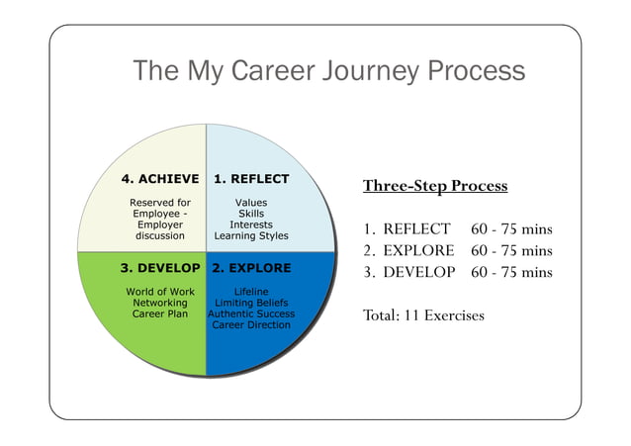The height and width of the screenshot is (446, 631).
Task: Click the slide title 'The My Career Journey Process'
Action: point(328,72)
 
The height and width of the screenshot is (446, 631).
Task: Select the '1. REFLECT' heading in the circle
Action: point(251,179)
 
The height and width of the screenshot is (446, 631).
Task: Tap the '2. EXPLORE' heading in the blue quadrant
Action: point(251,268)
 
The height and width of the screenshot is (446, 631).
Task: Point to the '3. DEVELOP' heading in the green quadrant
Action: point(160,268)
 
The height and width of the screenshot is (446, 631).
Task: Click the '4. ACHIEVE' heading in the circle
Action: point(160,179)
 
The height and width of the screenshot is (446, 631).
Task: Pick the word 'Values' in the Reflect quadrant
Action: point(251,203)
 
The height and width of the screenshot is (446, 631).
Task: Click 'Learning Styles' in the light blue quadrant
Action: point(251,236)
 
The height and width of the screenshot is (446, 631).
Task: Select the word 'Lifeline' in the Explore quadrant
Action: point(251,292)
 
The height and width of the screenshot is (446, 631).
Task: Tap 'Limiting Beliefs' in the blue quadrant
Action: point(251,303)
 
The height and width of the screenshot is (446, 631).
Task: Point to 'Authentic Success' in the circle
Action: point(251,313)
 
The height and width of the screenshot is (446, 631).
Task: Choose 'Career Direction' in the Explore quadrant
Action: point(251,324)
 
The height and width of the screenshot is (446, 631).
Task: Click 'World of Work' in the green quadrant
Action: point(160,292)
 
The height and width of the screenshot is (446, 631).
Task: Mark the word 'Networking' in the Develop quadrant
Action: point(160,303)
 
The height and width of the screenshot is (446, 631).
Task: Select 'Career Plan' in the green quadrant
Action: point(160,313)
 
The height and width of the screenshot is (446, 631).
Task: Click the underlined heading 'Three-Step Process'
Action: point(434,186)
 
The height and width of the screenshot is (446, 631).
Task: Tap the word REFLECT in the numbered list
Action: point(416,229)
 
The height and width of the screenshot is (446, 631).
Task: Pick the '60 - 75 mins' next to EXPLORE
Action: point(511,250)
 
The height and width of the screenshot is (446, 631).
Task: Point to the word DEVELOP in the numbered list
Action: point(418,272)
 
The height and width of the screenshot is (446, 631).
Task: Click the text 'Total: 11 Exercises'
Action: point(423,315)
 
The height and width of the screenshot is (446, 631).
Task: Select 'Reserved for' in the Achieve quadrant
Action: point(160,203)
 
